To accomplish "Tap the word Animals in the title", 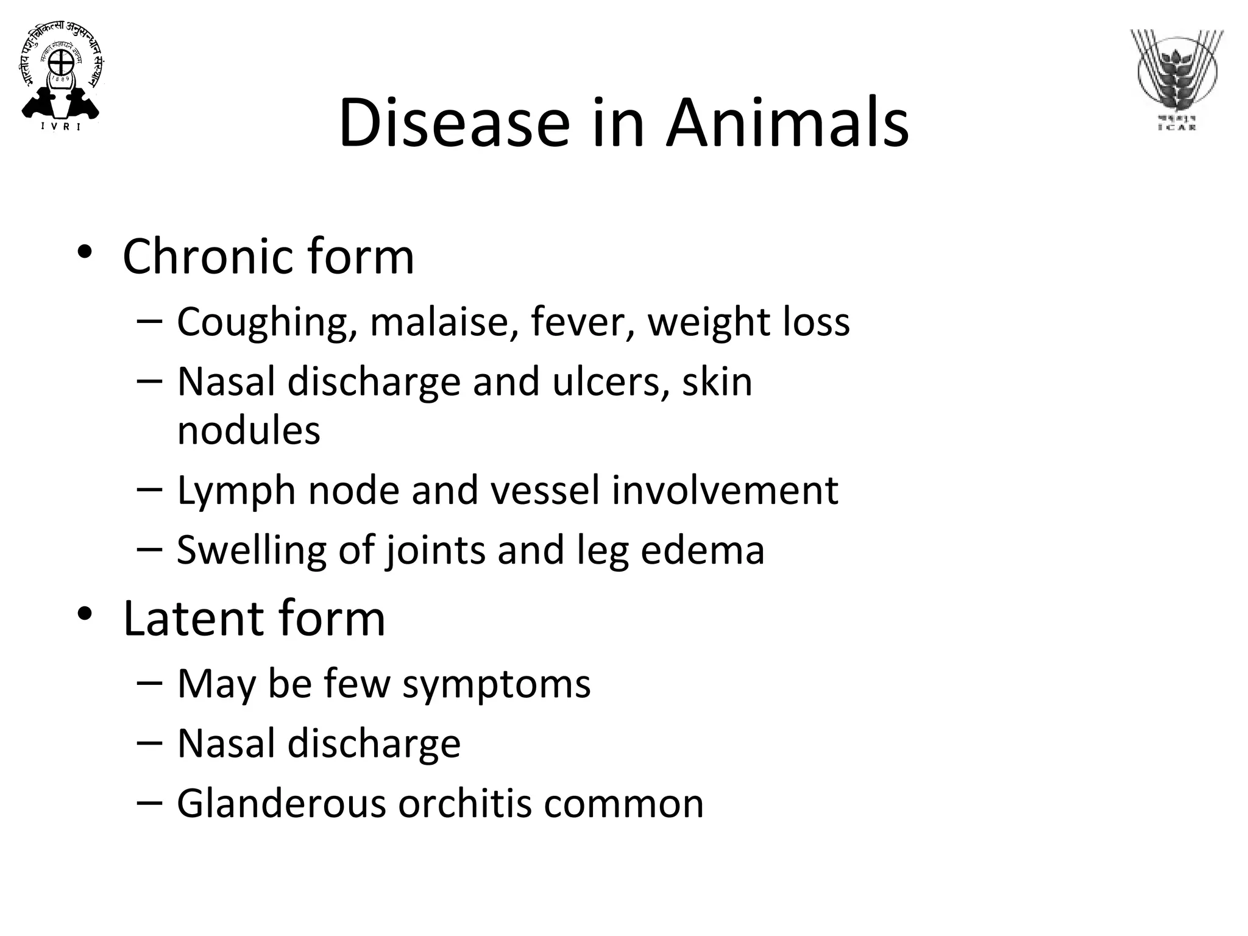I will click(x=787, y=123).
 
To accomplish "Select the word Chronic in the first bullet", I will click(x=209, y=257).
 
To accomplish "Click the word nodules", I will click(x=248, y=430).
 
